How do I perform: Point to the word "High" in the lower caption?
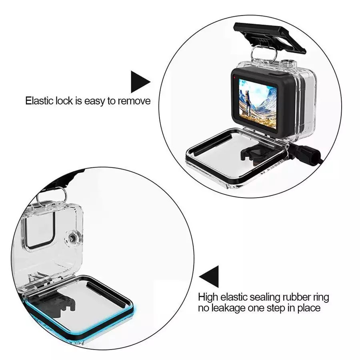(207, 297)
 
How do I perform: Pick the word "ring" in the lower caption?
(321, 297)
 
